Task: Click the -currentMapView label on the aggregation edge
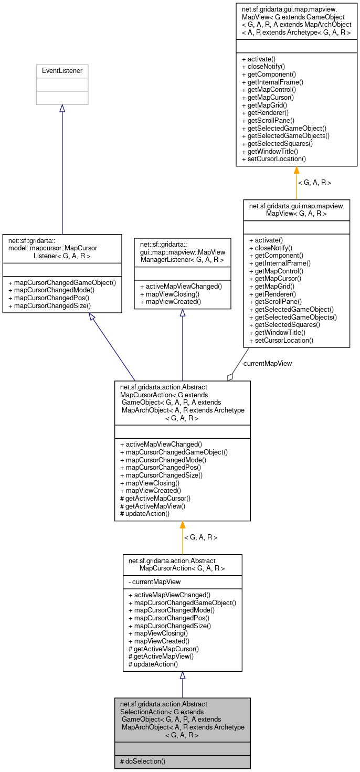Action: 267,363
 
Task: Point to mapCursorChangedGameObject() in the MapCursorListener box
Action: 62,282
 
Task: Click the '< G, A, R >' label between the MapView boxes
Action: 314,183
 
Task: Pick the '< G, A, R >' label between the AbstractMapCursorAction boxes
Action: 200,537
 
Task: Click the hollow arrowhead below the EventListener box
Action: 62,109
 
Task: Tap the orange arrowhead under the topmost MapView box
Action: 297,170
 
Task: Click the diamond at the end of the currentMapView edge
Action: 230,377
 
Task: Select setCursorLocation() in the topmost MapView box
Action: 274,158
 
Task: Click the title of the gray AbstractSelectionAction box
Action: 182,720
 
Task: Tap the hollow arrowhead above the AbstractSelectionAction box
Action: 182,675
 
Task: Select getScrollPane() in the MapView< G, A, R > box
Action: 277,302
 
